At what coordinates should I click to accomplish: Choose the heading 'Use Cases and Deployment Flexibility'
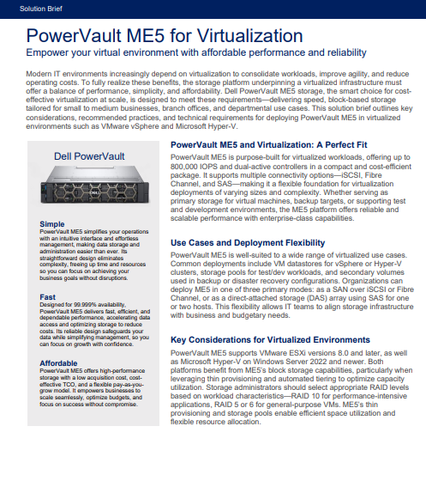tap(249, 243)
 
